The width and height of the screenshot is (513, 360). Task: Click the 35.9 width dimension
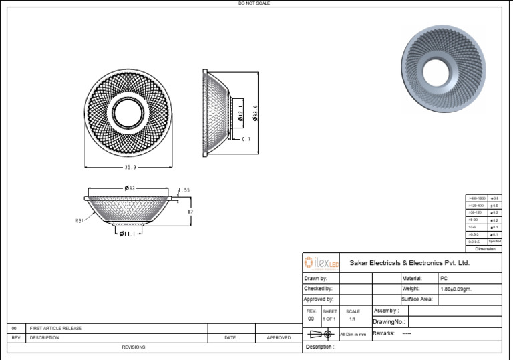click(130, 167)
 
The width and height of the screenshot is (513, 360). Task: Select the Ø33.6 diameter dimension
click(256, 112)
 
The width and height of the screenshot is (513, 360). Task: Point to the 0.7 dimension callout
click(246, 139)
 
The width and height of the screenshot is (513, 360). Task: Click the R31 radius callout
click(79, 220)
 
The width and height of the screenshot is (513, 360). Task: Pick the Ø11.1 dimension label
click(128, 234)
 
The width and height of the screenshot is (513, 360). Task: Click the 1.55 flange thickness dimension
click(184, 190)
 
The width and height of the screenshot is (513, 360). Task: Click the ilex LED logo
click(322, 262)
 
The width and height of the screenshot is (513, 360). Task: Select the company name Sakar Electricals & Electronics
click(409, 263)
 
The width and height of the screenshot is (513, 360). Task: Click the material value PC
click(444, 278)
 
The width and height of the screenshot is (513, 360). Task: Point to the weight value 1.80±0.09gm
click(461, 289)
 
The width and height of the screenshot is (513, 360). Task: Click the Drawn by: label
click(316, 278)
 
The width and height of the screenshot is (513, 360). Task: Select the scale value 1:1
click(352, 319)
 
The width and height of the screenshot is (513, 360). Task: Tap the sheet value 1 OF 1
click(330, 319)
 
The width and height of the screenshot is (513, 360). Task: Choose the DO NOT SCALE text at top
click(254, 3)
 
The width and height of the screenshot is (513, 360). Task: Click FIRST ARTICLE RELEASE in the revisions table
click(56, 329)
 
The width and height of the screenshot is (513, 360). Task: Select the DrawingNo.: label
click(389, 322)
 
